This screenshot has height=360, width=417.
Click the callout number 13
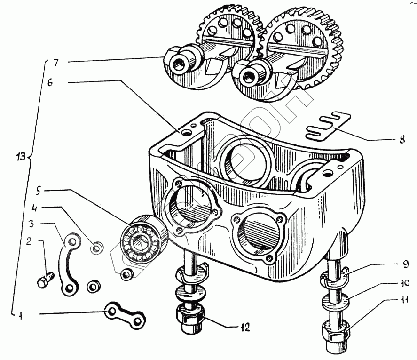(20, 156)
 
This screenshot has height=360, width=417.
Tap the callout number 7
(55, 64)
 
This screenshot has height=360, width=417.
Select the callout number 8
(402, 139)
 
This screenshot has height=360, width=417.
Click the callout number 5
(39, 191)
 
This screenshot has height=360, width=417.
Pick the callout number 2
(29, 241)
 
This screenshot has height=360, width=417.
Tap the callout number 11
(404, 300)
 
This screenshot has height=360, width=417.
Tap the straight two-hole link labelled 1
(125, 316)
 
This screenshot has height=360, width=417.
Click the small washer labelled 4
(97, 248)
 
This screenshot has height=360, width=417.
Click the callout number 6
(50, 83)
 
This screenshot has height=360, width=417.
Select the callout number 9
(405, 264)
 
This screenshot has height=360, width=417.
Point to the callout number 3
(31, 224)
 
